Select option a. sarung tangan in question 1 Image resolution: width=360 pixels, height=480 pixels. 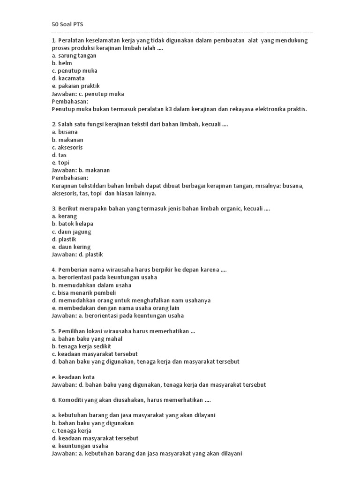coord(74,56)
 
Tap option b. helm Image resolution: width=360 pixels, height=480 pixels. coord(62,63)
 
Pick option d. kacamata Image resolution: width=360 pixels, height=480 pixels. coord(68,78)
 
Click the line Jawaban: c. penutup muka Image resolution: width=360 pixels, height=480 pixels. coord(88,94)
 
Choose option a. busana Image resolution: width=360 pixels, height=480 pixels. coord(65,132)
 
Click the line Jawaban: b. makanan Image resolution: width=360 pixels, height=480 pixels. coord(81,170)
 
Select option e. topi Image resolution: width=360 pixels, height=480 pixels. coord(60,163)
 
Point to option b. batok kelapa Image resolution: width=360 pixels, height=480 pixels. coord(73,224)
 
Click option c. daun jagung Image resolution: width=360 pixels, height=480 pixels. coord(72,232)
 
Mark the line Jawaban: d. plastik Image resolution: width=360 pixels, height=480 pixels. coord(77,255)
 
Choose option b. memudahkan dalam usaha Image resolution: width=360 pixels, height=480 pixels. coord(92,285)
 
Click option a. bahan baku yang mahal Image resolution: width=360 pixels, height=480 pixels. coord(87,339)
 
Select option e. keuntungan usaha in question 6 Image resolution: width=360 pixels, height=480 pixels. coord(80,446)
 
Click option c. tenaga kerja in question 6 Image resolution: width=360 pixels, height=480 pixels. coord(72,431)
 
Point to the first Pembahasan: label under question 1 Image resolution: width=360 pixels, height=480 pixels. coord(70,101)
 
